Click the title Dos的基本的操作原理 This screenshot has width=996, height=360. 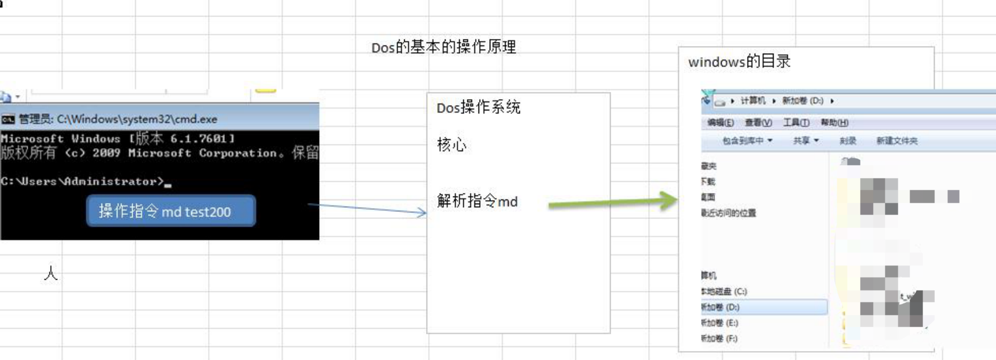[x=444, y=47]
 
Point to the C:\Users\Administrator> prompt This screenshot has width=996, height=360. [x=83, y=181]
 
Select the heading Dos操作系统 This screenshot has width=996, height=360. [x=479, y=107]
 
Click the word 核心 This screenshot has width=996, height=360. [x=451, y=145]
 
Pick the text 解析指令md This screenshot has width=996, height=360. [x=477, y=201]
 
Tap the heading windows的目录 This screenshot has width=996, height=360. [x=739, y=61]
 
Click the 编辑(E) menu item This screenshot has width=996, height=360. [x=720, y=123]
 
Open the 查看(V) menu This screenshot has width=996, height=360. [x=758, y=123]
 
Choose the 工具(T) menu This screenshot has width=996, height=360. [x=796, y=123]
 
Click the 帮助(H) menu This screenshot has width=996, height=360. [x=834, y=123]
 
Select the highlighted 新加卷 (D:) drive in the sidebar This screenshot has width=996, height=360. [x=721, y=307]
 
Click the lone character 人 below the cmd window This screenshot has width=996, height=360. [x=51, y=273]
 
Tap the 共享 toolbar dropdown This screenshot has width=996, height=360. [x=805, y=141]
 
